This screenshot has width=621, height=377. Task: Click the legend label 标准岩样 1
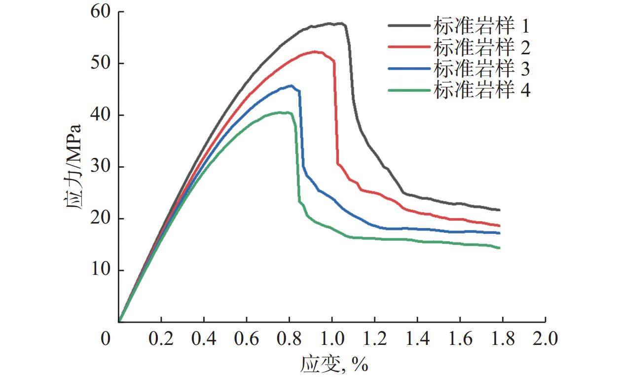tap(482, 25)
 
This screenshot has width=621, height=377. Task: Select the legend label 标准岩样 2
tap(482, 47)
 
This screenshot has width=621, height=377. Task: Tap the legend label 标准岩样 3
tap(482, 69)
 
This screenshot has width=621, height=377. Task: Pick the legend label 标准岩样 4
tap(482, 90)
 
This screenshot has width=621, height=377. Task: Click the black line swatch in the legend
tap(409, 25)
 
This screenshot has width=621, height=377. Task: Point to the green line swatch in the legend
tap(409, 90)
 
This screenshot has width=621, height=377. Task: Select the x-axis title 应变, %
tap(334, 364)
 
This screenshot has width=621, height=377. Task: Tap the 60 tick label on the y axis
tap(100, 12)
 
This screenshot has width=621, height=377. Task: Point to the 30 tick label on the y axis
tap(100, 167)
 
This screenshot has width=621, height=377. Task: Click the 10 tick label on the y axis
tap(100, 270)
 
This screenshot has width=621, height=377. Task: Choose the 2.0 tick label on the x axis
tap(545, 339)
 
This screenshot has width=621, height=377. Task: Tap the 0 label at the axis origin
tap(105, 339)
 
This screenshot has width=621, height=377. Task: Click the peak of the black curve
tap(340, 23)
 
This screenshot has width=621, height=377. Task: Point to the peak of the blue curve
tap(292, 85)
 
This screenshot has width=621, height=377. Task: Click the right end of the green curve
tap(499, 248)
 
